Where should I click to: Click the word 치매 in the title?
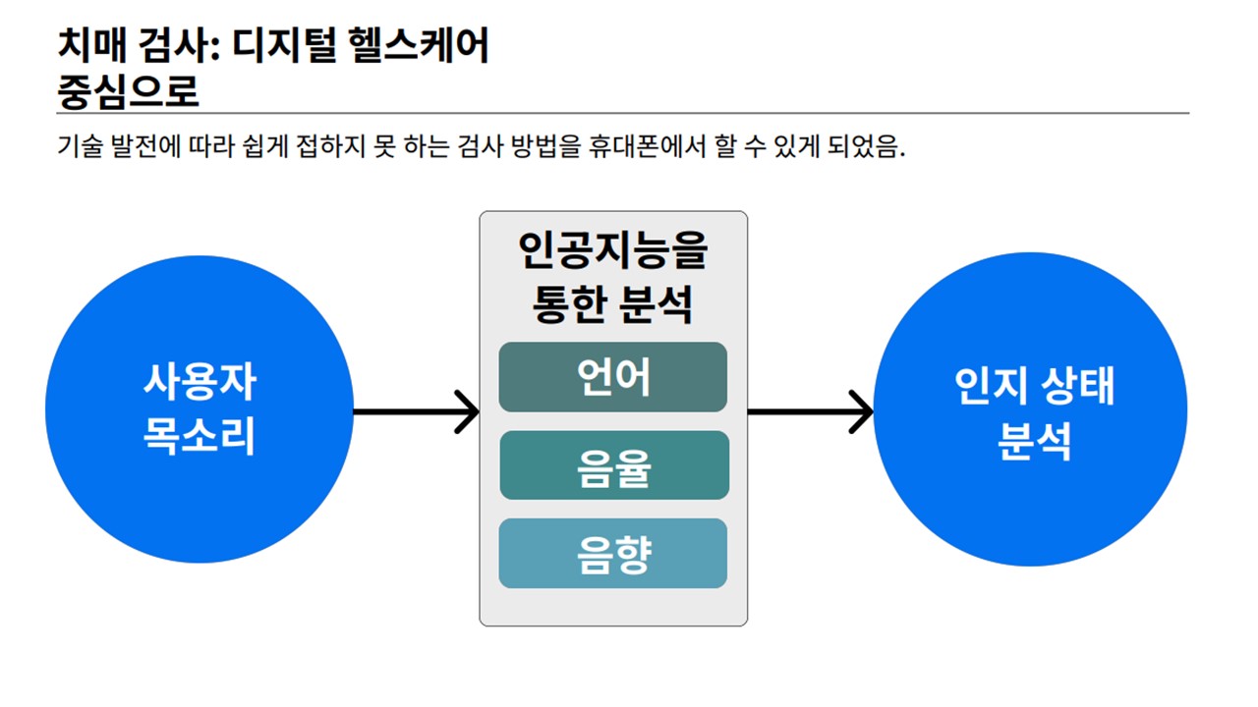[92, 45]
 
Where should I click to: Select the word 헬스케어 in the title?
[419, 45]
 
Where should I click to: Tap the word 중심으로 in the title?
[128, 91]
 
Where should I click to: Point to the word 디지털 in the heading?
[284, 45]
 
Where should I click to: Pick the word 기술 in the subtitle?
[81, 146]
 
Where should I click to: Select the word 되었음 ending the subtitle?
[867, 146]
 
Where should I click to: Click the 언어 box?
[612, 377]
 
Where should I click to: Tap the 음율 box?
[614, 465]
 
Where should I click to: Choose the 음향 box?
[612, 553]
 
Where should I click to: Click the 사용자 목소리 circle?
[200, 409]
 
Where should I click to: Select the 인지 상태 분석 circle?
[1030, 409]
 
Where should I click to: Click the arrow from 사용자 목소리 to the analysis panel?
[416, 411]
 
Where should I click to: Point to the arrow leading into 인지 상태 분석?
[811, 411]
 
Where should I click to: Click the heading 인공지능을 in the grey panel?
[612, 250]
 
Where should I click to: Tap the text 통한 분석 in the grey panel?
[612, 304]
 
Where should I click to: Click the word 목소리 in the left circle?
[200, 435]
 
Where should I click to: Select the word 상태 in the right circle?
[1078, 386]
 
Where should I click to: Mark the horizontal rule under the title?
[623, 113]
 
